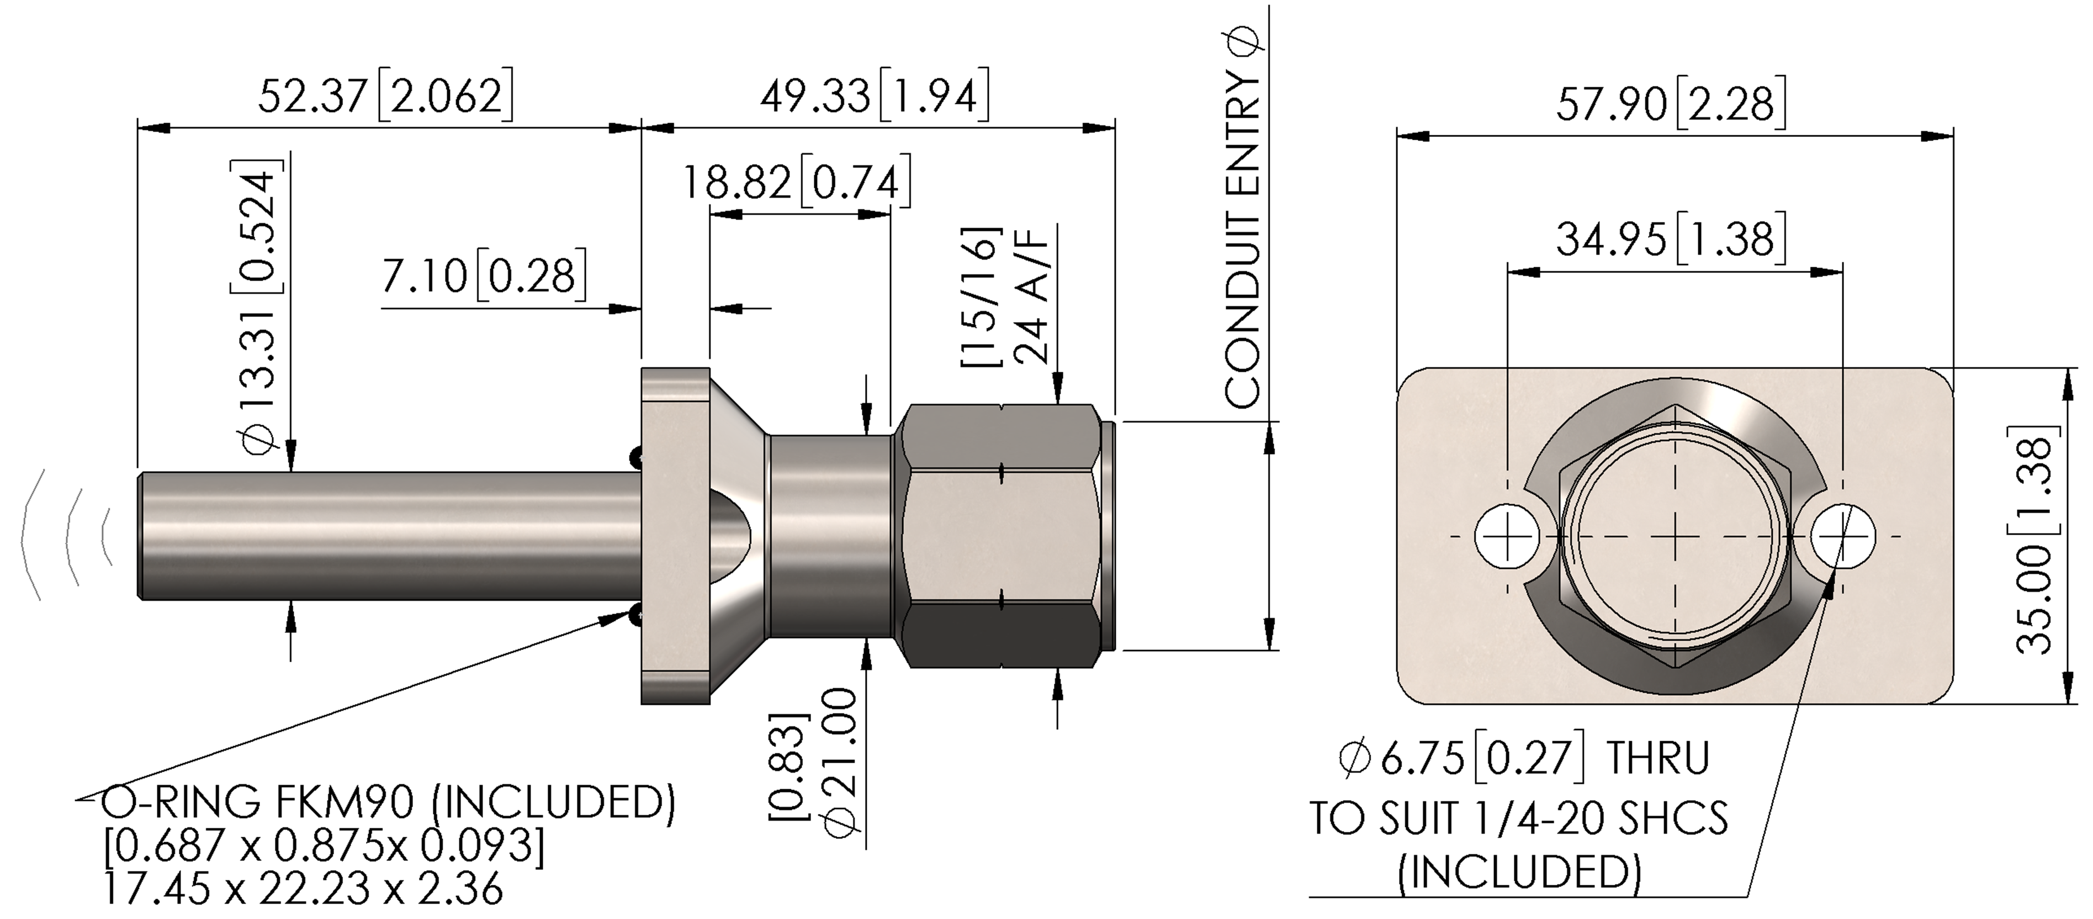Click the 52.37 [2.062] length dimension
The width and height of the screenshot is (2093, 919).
[x=386, y=97]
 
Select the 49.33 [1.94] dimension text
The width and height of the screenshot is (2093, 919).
[x=875, y=97]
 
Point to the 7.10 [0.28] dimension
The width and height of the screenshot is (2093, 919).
[x=484, y=276]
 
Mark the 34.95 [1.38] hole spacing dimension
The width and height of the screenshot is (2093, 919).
[x=1671, y=240]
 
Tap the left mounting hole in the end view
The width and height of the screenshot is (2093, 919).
[x=1507, y=536]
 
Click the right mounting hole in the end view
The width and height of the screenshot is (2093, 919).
[x=1843, y=536]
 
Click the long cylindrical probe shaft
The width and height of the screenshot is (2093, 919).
[x=390, y=536]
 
